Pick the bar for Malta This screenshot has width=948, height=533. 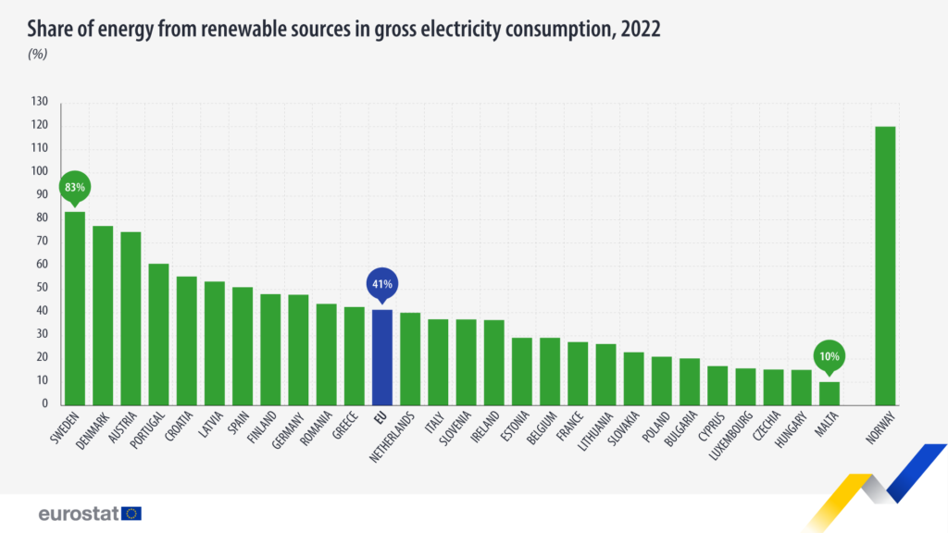(x=829, y=393)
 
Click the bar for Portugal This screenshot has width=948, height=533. (x=158, y=334)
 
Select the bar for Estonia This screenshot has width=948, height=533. (x=522, y=371)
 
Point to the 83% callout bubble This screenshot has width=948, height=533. (x=74, y=188)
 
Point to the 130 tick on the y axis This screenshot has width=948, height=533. (x=39, y=102)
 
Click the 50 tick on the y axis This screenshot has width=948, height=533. (x=42, y=288)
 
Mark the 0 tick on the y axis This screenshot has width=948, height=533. (x=44, y=404)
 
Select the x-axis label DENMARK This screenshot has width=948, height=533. (x=93, y=432)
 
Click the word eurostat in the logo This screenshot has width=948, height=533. (x=78, y=513)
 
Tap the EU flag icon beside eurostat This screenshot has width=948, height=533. (x=131, y=513)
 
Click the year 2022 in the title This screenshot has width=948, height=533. (x=641, y=30)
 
